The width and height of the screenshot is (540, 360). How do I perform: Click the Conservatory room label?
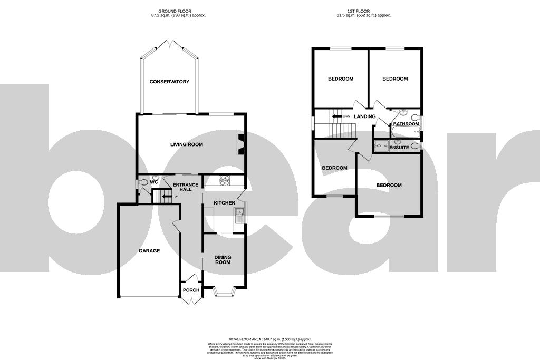click(x=169, y=82)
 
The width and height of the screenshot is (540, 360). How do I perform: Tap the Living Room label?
click(x=186, y=144)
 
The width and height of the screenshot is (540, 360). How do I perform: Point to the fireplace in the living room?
click(x=241, y=144)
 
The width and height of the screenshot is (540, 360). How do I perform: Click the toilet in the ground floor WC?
click(x=144, y=183)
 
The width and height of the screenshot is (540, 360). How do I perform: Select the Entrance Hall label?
click(x=186, y=187)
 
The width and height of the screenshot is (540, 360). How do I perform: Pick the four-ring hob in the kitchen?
click(x=224, y=180)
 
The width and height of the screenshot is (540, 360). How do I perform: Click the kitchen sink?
click(x=239, y=216)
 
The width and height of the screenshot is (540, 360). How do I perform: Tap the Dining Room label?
click(x=223, y=259)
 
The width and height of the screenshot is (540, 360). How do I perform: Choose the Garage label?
click(x=149, y=251)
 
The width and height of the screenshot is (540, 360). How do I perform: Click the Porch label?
click(x=191, y=290)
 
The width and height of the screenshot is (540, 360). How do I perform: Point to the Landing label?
click(x=364, y=116)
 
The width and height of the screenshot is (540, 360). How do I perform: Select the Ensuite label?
click(x=399, y=148)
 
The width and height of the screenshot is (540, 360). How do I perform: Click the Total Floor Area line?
click(x=269, y=339)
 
